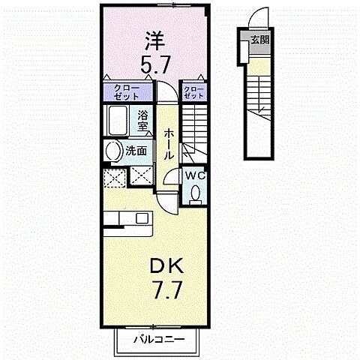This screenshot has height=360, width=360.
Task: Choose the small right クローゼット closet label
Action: pos(194,92)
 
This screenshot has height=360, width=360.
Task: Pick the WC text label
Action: pos(195,176)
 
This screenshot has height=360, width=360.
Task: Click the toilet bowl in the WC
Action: pos(196,193)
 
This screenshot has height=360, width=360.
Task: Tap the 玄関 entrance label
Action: pos(259,40)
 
